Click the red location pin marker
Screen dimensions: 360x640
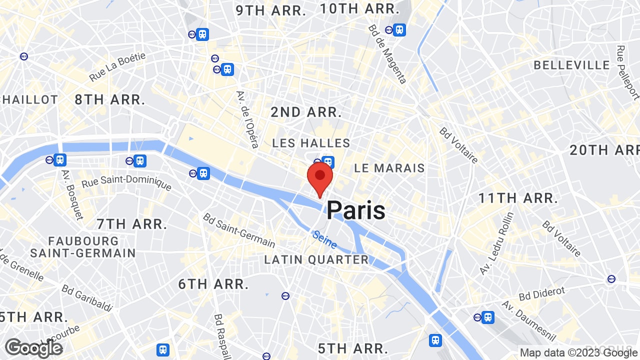320,179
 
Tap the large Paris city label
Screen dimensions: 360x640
356,210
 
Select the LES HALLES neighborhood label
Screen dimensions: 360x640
311,143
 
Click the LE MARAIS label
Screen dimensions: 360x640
389,168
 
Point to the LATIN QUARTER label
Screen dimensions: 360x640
316,260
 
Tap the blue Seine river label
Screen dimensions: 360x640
324,239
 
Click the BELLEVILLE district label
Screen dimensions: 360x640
572,65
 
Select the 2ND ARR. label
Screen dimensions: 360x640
306,112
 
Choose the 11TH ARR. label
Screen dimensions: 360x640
518,198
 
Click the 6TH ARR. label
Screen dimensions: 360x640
213,284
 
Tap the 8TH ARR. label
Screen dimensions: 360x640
110,99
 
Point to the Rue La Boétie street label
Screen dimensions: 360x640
117,67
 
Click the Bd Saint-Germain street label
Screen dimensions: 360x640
239,230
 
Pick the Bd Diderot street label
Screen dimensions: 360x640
541,293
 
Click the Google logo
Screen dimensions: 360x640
33,348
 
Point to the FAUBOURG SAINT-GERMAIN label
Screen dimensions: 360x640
82,247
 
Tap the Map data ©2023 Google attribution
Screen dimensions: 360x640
578,352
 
